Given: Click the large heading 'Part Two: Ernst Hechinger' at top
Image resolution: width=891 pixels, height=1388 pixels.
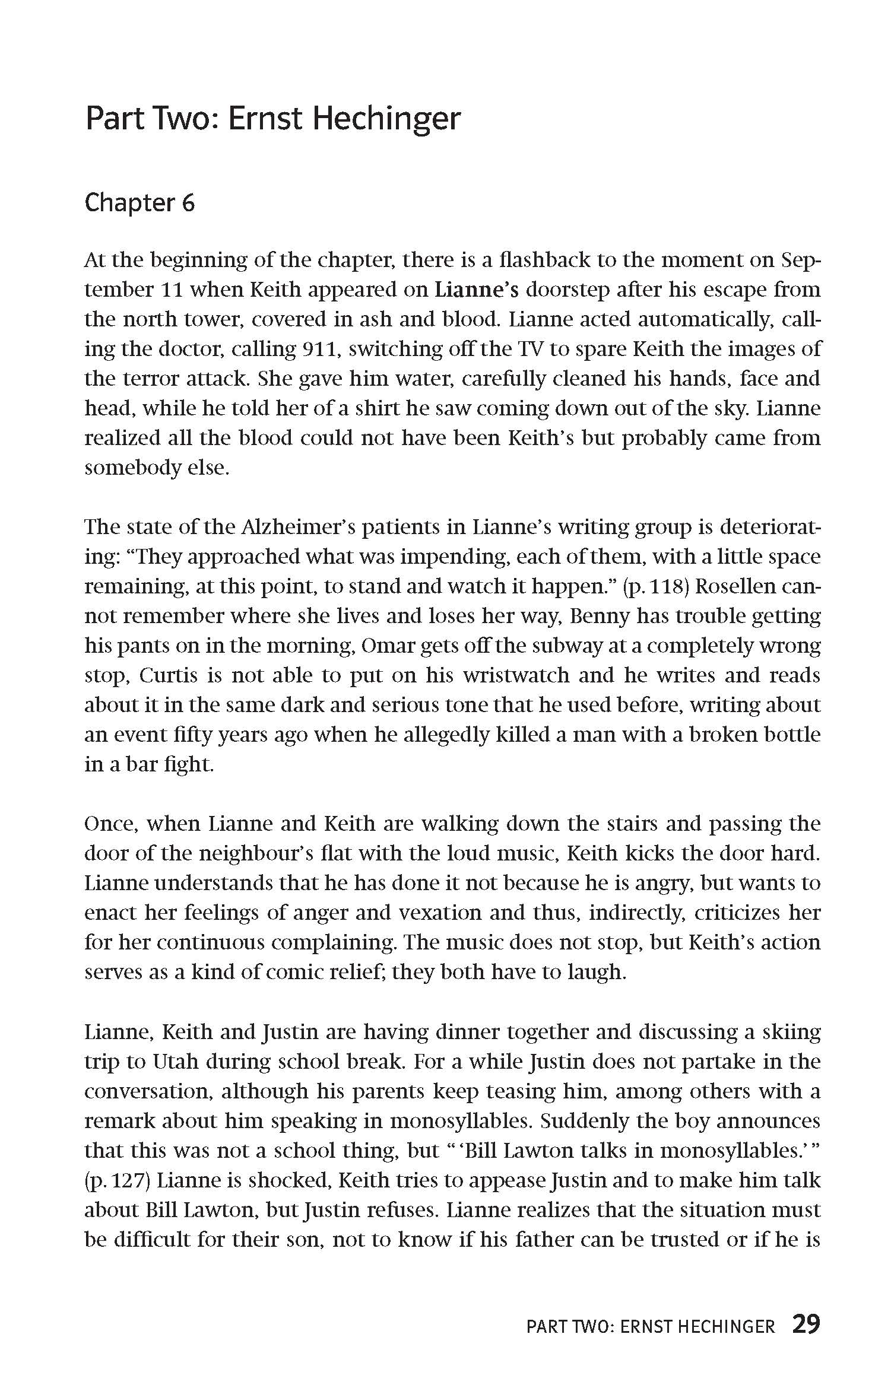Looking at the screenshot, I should [x=272, y=119].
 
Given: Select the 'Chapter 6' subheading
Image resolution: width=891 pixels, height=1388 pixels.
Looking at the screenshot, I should [x=139, y=203].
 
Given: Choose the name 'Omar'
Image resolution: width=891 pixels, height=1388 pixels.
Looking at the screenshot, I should [x=387, y=646].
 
